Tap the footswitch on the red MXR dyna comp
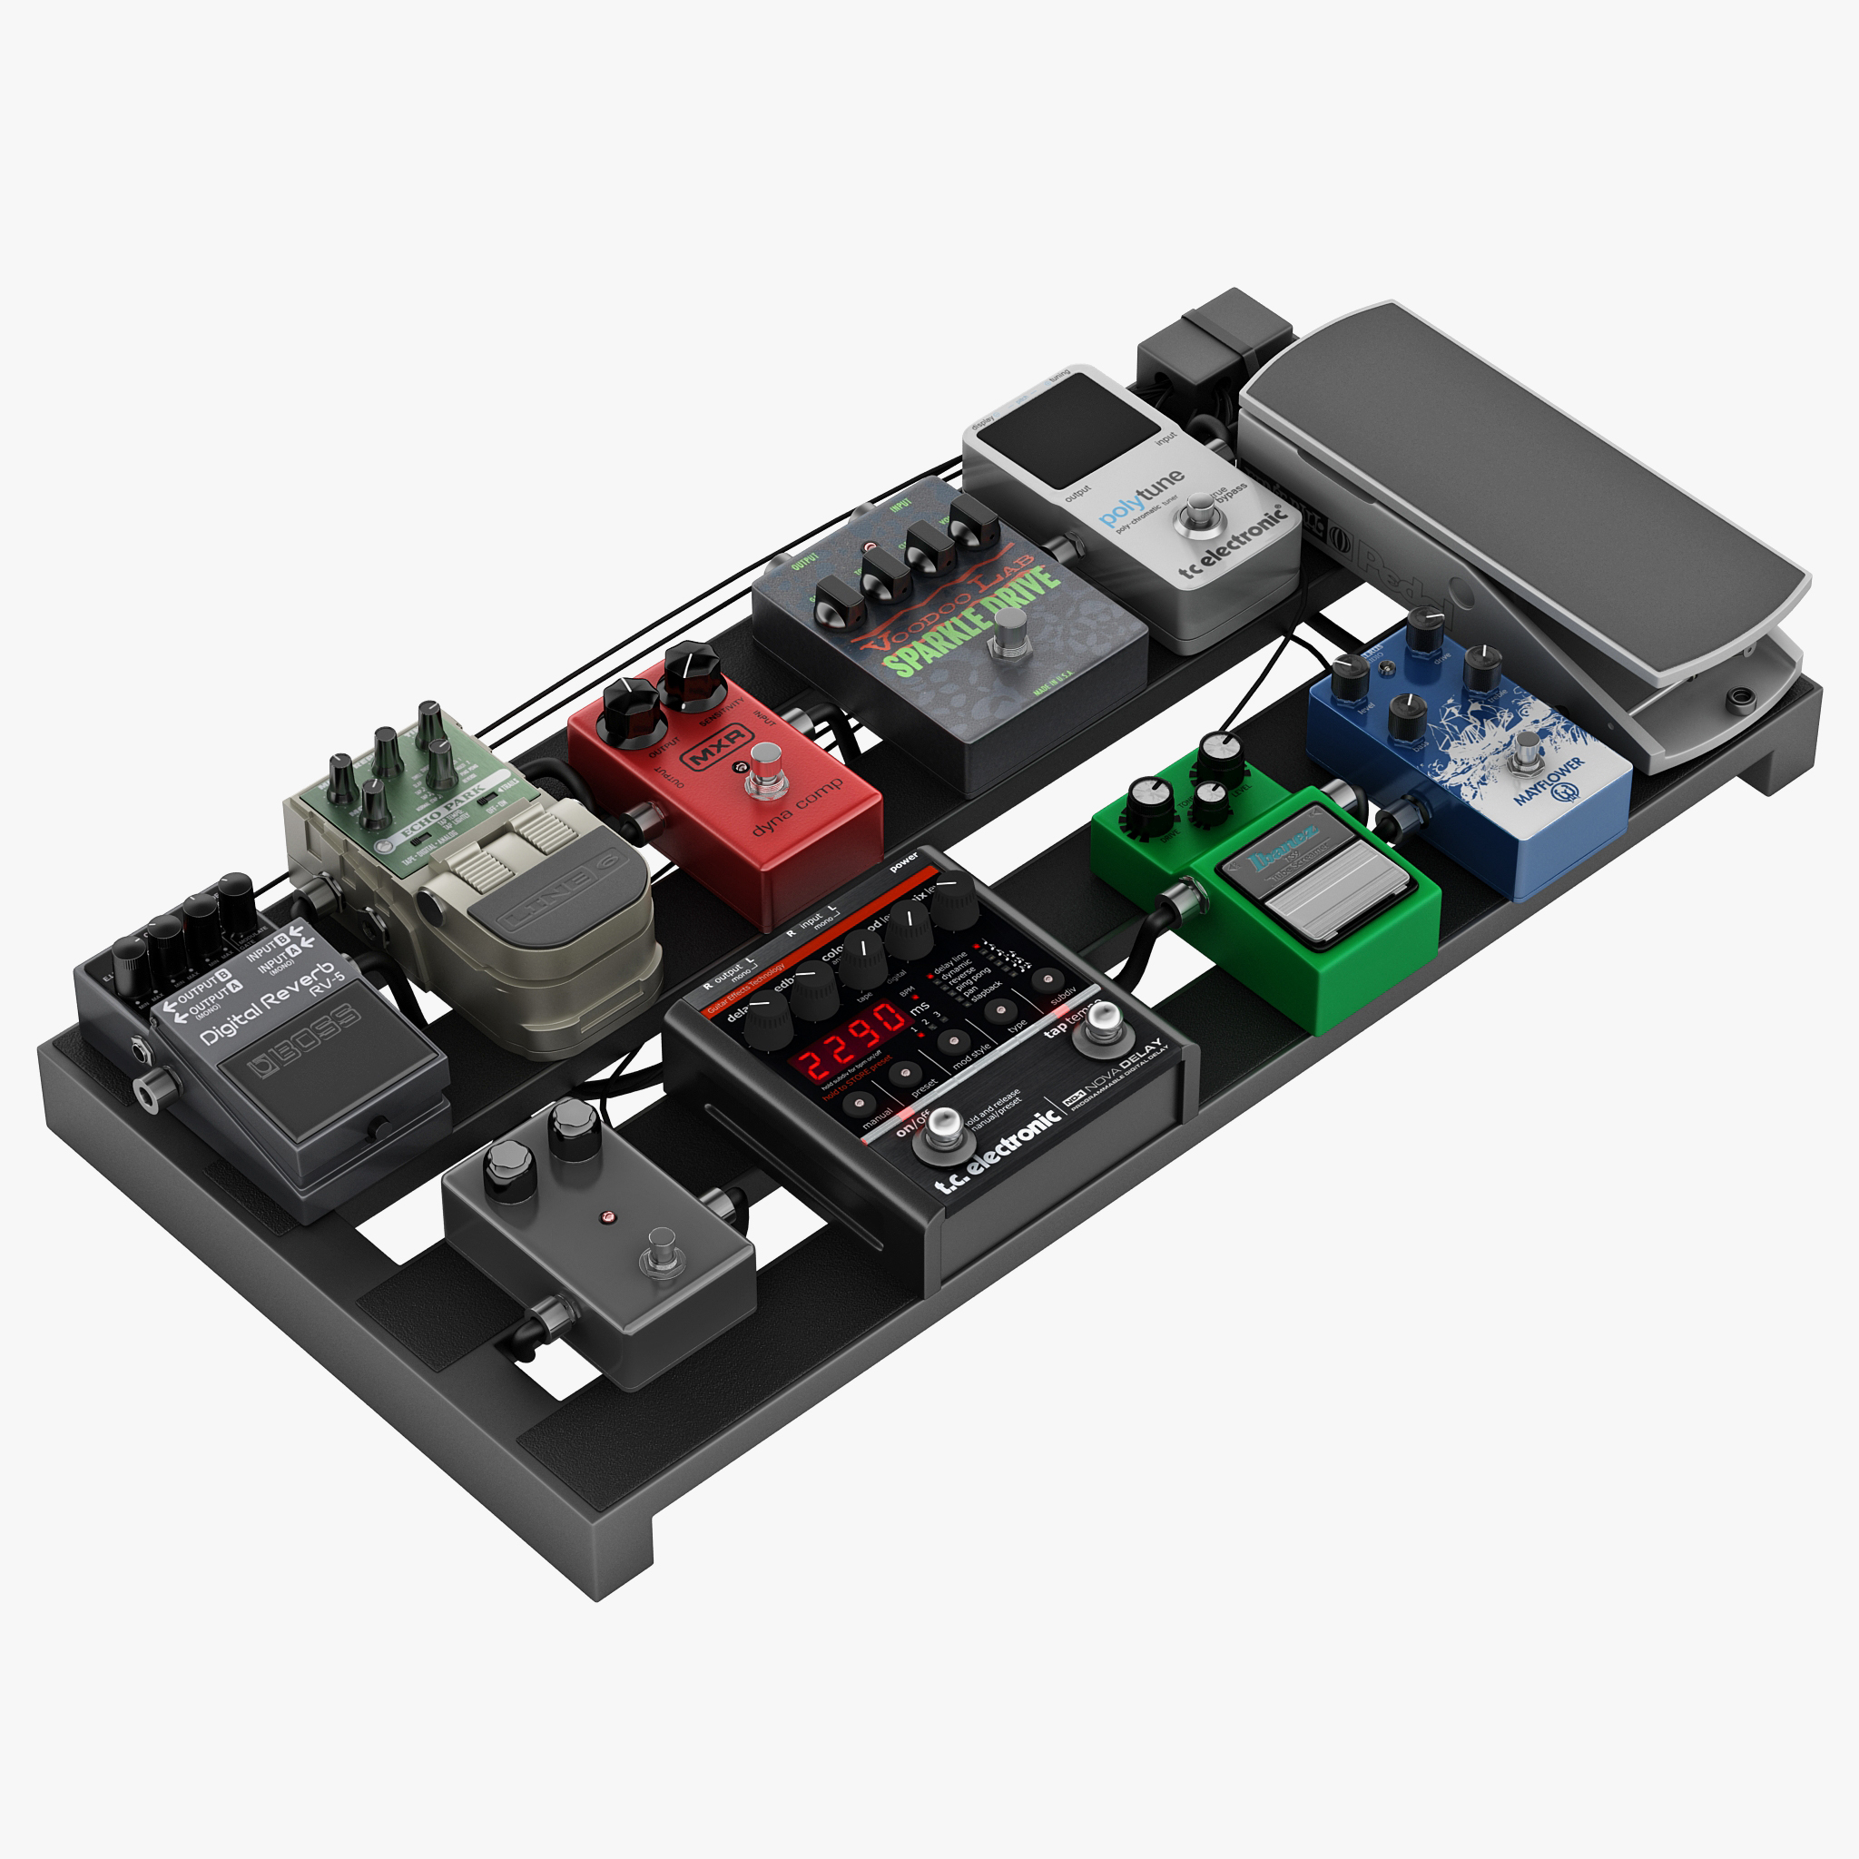coord(766,769)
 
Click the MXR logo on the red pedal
coord(717,746)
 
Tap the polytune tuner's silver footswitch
coord(1199,513)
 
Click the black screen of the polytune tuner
coord(1068,430)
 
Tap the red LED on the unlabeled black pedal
coord(607,1216)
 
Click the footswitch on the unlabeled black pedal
coord(661,1250)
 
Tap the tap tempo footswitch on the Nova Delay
coord(1103,1024)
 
